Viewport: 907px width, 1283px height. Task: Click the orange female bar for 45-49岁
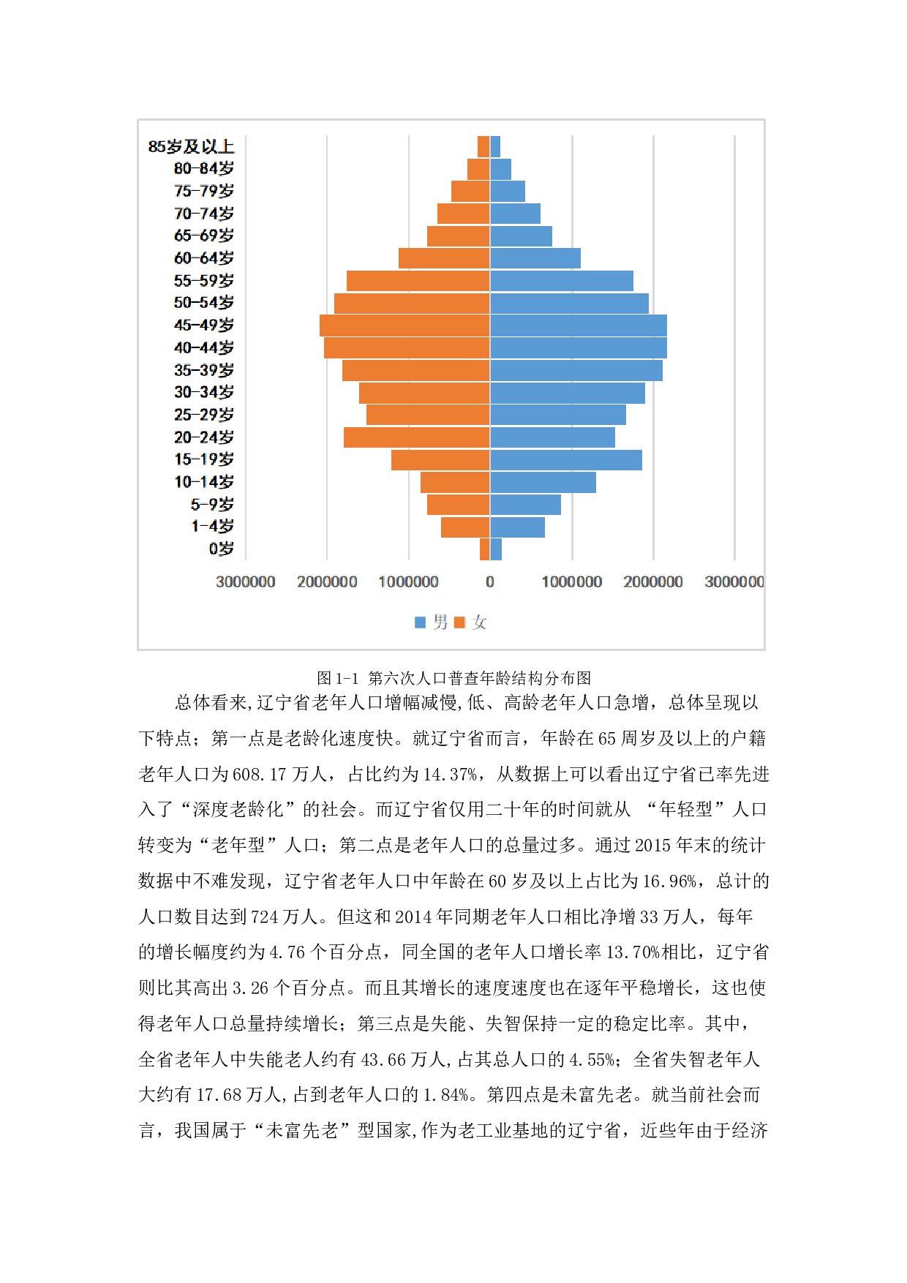pyautogui.click(x=404, y=326)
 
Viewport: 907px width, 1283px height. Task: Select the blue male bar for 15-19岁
pyautogui.click(x=566, y=460)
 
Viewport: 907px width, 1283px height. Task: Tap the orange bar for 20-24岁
pyautogui.click(x=416, y=437)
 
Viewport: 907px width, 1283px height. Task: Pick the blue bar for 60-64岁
pyautogui.click(x=535, y=258)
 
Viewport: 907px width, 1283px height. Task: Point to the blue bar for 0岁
pyautogui.click(x=496, y=549)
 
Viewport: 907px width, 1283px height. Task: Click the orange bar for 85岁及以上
pyautogui.click(x=483, y=146)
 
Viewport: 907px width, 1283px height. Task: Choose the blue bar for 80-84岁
pyautogui.click(x=501, y=169)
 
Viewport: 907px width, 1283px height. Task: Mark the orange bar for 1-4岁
pyautogui.click(x=465, y=527)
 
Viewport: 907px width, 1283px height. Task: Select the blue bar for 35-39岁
pyautogui.click(x=576, y=370)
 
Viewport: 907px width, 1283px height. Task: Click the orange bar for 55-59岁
pyautogui.click(x=418, y=281)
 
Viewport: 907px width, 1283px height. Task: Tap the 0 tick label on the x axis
pyautogui.click(x=490, y=582)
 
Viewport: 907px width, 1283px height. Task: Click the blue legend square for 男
pyautogui.click(x=420, y=622)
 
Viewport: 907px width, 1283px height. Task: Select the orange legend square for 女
pyautogui.click(x=459, y=622)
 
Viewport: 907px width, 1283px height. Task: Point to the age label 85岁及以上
pyautogui.click(x=191, y=146)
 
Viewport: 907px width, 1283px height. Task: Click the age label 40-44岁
pyautogui.click(x=204, y=347)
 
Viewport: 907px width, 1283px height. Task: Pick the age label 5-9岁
pyautogui.click(x=212, y=505)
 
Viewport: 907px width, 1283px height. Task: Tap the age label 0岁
pyautogui.click(x=221, y=549)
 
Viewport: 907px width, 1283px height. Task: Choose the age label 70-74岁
pyautogui.click(x=204, y=214)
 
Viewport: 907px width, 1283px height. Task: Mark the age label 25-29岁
pyautogui.click(x=204, y=415)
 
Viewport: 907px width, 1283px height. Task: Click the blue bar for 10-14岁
pyautogui.click(x=543, y=483)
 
